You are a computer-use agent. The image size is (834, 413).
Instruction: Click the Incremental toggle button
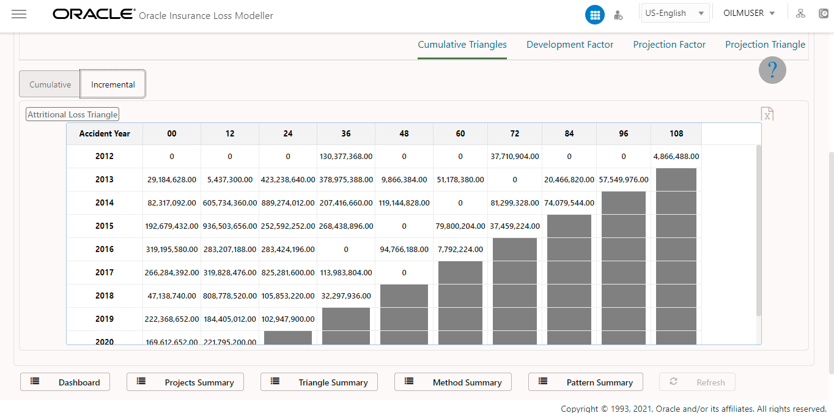[x=113, y=84]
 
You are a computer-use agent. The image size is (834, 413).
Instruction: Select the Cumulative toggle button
[x=50, y=84]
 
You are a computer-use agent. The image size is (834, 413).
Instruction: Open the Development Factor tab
[x=570, y=45]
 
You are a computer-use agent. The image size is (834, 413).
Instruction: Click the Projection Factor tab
[x=669, y=45]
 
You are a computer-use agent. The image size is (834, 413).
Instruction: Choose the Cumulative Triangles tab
[x=462, y=45]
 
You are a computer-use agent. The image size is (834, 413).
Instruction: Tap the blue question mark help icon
[x=772, y=70]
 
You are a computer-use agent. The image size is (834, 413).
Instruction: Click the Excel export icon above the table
[x=767, y=114]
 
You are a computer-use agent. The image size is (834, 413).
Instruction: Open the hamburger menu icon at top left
[x=19, y=14]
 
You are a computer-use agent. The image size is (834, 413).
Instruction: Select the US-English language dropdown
[x=674, y=13]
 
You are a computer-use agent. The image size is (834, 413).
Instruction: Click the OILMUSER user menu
[x=749, y=13]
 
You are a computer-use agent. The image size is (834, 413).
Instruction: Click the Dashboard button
[x=65, y=382]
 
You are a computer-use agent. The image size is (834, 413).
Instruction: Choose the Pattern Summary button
[x=585, y=382]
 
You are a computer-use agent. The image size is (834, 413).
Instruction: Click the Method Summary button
[x=452, y=382]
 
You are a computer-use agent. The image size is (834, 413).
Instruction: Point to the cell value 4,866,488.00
[x=676, y=157]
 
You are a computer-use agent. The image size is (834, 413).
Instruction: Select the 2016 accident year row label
[x=105, y=249]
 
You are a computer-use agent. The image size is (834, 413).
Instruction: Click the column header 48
[x=404, y=133]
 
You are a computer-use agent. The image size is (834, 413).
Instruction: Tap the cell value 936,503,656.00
[x=229, y=226]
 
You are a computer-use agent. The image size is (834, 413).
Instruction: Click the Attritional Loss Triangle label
[x=72, y=114]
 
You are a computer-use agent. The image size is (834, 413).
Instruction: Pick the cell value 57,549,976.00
[x=623, y=180]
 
